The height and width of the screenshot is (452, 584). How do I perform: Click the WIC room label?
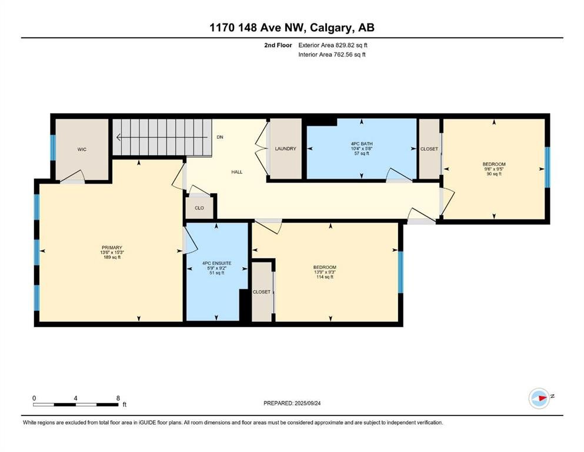82,149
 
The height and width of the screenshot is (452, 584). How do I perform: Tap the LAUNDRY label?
285,149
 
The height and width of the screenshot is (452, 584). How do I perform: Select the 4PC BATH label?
362,144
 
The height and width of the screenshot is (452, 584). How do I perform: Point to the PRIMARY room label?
111,248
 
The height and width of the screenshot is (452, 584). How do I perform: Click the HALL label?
236,172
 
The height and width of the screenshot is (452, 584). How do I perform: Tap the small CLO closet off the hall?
199,208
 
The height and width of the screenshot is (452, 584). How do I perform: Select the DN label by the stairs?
220,137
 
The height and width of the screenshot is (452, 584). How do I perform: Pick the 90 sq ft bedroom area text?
494,174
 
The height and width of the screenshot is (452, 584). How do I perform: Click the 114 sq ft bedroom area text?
325,277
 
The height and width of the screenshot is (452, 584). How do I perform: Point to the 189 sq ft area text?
111,257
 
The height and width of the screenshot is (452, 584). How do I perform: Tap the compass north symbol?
539,398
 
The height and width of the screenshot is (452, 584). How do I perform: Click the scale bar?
75,404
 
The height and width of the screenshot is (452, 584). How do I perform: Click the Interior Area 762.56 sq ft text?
332,55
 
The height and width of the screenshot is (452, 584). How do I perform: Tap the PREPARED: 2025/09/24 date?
292,403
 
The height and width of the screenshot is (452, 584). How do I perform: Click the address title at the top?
292,27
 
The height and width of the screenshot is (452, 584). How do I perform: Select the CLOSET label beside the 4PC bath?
429,149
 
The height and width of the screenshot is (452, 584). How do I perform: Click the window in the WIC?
52,148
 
